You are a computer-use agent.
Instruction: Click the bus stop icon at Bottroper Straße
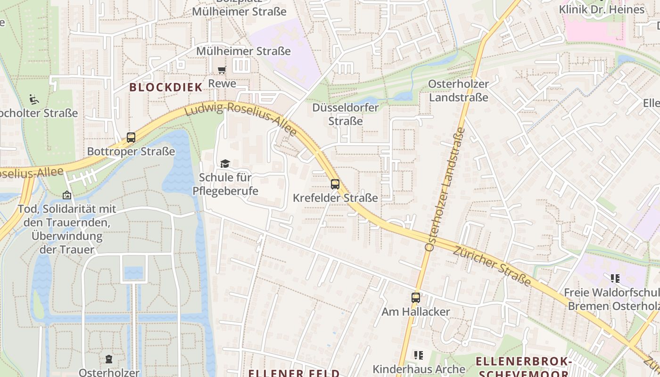tap(131, 138)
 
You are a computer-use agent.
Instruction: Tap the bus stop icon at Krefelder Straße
tap(335, 184)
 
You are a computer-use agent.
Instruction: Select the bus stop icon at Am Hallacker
tap(415, 297)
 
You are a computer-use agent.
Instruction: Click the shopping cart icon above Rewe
tap(222, 70)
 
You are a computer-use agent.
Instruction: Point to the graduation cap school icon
tap(225, 164)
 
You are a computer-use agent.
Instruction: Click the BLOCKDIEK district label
tap(166, 87)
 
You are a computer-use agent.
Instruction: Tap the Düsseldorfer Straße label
tap(346, 115)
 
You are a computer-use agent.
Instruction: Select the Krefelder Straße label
tap(335, 198)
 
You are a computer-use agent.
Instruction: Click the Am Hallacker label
tap(415, 312)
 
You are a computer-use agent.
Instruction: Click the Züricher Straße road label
tap(492, 265)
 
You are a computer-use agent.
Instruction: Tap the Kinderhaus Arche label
tap(419, 369)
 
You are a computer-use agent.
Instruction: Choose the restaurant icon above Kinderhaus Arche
tap(418, 355)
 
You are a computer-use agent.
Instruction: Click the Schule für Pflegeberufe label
tap(225, 184)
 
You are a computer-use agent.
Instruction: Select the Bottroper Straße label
tap(131, 152)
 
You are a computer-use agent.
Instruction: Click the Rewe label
tap(222, 84)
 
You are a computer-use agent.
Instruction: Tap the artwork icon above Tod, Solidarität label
tap(67, 195)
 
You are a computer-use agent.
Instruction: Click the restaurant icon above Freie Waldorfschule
tap(615, 278)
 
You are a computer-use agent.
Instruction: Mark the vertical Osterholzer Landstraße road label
tap(445, 188)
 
